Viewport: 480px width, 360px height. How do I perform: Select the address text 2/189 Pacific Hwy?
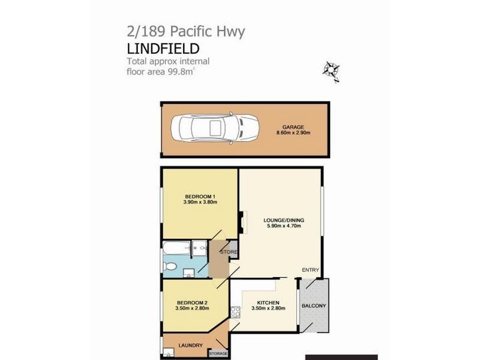[x=185, y=31]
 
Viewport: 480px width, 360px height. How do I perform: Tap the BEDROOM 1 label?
[x=200, y=197]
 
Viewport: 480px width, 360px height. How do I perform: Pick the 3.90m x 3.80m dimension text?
[x=200, y=203]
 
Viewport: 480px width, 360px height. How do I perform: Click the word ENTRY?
[x=310, y=269]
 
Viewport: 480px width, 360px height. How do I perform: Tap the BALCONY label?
[x=314, y=306]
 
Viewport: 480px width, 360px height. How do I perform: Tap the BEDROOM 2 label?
[x=192, y=303]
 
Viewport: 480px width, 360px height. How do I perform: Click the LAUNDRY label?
[x=190, y=345]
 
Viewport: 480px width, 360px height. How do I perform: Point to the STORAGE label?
[x=218, y=354]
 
